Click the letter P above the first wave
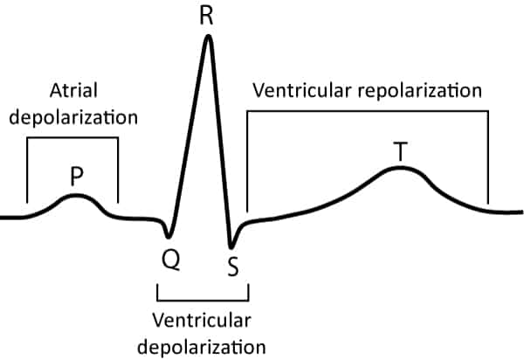pos(77,178)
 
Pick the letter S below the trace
pos(232,265)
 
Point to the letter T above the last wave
pos(400,151)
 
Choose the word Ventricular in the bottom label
pos(202,315)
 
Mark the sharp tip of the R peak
pos(208,37)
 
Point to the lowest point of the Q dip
pos(168,237)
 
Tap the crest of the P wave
pos(76,196)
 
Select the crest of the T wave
pos(400,167)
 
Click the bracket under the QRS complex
pos(202,296)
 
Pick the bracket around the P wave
pos(72,138)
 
